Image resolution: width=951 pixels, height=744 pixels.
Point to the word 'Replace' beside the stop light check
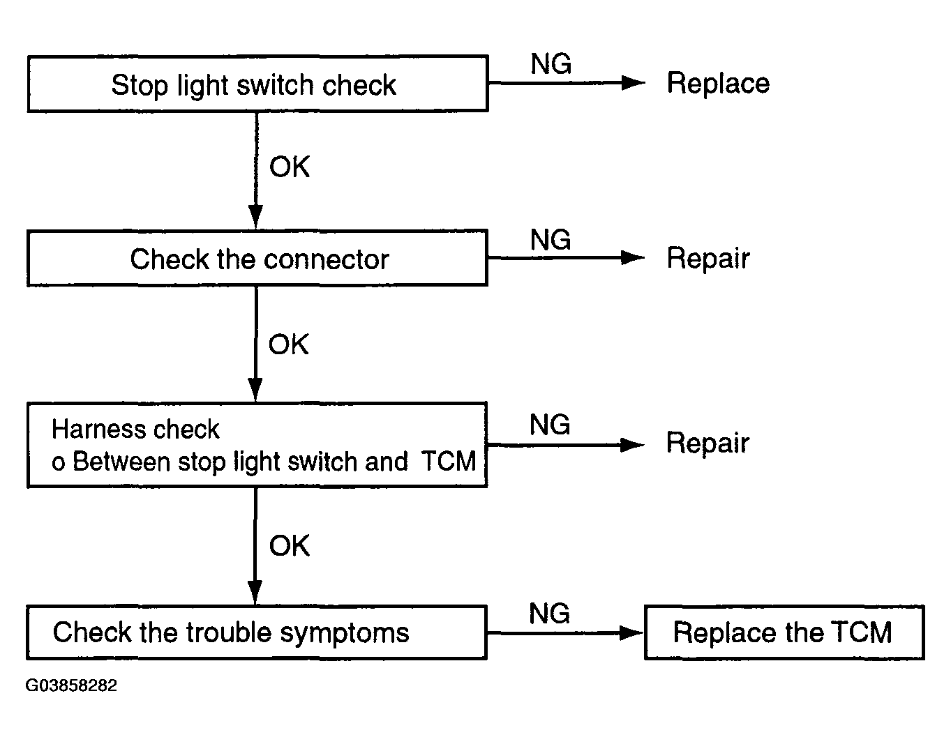(x=718, y=83)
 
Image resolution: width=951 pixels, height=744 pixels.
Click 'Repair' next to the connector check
(x=708, y=258)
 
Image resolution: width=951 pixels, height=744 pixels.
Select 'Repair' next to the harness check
(x=707, y=443)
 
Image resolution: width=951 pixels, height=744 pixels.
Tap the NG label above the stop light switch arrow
(x=551, y=64)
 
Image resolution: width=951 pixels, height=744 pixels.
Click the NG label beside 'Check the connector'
(x=551, y=240)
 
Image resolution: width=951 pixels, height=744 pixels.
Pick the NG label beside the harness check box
(x=550, y=425)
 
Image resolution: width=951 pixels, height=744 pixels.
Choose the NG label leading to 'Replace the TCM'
(x=550, y=613)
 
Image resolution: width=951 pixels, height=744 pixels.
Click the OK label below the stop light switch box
(x=290, y=167)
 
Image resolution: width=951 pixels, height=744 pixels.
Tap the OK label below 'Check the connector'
(x=288, y=344)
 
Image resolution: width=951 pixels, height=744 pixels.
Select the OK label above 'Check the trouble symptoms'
(x=290, y=545)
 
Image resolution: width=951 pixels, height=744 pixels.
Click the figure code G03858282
(x=71, y=685)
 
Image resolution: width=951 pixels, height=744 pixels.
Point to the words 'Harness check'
(x=135, y=429)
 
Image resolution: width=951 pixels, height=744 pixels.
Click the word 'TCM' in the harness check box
(x=449, y=461)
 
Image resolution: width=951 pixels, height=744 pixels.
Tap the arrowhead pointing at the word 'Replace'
(x=634, y=83)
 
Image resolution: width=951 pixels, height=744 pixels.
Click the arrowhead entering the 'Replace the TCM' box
(x=631, y=633)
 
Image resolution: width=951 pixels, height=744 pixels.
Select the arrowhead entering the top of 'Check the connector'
(x=255, y=217)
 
